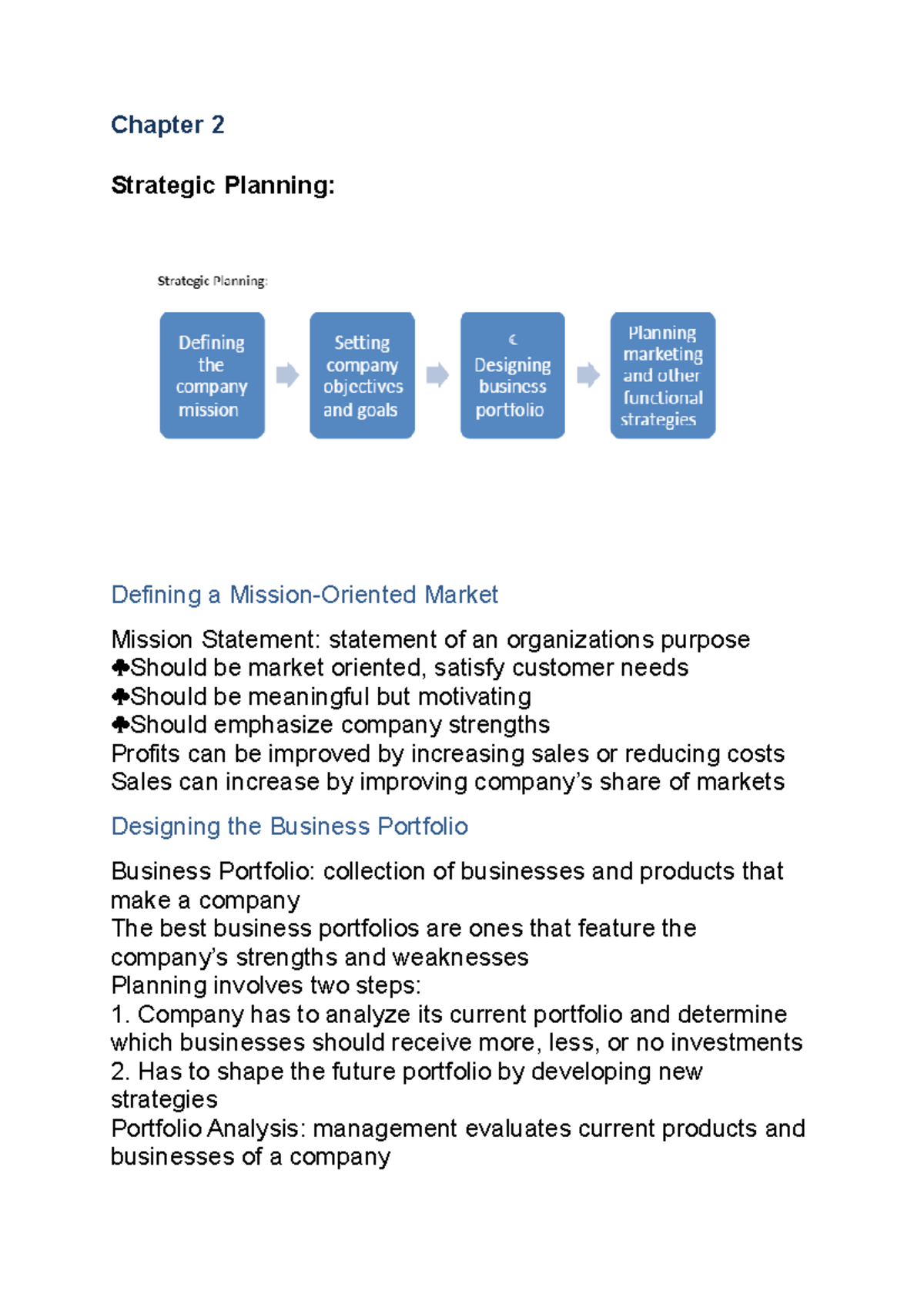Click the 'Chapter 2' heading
pyautogui.click(x=168, y=125)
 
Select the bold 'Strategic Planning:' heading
pyautogui.click(x=223, y=186)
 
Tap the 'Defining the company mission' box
pyautogui.click(x=212, y=375)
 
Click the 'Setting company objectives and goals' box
pyautogui.click(x=362, y=375)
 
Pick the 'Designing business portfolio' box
pyautogui.click(x=512, y=375)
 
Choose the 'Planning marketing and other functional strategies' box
pyautogui.click(x=662, y=375)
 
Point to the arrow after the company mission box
pyautogui.click(x=287, y=375)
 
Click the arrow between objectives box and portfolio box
pyautogui.click(x=437, y=375)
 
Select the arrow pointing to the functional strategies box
pyautogui.click(x=588, y=375)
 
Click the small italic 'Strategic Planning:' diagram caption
pyautogui.click(x=213, y=281)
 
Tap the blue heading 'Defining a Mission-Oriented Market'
pyautogui.click(x=304, y=595)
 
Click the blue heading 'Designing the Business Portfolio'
pyautogui.click(x=290, y=827)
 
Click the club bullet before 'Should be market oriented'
pyautogui.click(x=120, y=667)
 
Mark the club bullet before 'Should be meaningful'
pyautogui.click(x=120, y=696)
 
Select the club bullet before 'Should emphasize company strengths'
pyautogui.click(x=120, y=725)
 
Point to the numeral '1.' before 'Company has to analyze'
pyautogui.click(x=121, y=1015)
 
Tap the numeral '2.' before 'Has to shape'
pyautogui.click(x=121, y=1072)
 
